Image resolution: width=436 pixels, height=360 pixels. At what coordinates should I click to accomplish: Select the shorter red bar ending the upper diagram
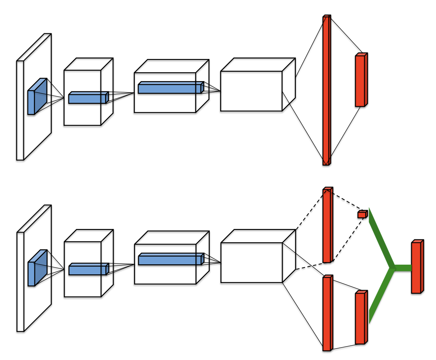[x=361, y=80]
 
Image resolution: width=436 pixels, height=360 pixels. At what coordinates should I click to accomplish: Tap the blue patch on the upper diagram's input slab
[x=36, y=97]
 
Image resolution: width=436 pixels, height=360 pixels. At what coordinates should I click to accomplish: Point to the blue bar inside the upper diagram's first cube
[x=88, y=98]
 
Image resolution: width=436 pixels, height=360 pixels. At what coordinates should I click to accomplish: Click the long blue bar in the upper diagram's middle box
[x=170, y=88]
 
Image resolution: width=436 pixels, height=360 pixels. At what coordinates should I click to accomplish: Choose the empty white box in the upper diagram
[x=252, y=91]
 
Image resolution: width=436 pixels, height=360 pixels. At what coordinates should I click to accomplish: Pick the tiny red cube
[x=362, y=214]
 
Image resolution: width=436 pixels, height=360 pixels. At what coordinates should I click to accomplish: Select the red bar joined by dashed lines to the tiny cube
[x=327, y=225]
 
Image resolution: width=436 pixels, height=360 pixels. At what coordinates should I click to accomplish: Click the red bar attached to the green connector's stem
[x=417, y=267]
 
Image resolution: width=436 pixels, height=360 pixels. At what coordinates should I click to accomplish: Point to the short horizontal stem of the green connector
[x=403, y=268]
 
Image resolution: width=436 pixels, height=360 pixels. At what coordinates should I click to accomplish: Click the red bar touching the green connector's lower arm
[x=361, y=318]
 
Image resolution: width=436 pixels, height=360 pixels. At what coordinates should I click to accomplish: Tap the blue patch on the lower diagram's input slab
[x=36, y=269]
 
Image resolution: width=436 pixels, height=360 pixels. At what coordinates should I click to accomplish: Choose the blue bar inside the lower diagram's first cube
[x=88, y=270]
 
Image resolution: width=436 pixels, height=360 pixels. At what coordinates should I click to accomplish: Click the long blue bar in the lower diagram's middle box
[x=170, y=260]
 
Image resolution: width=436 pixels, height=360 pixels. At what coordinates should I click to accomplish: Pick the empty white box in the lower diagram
[x=252, y=262]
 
